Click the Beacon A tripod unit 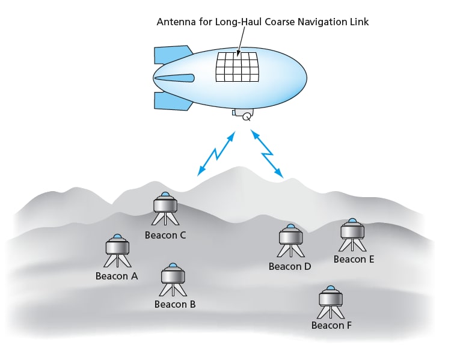[117, 250]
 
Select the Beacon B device [173, 279]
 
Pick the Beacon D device [290, 240]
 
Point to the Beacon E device [352, 234]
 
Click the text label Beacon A [117, 276]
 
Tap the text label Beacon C [165, 235]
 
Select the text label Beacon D [290, 266]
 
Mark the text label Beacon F [331, 326]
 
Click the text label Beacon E [354, 260]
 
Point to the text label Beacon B [175, 304]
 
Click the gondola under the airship [244, 114]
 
